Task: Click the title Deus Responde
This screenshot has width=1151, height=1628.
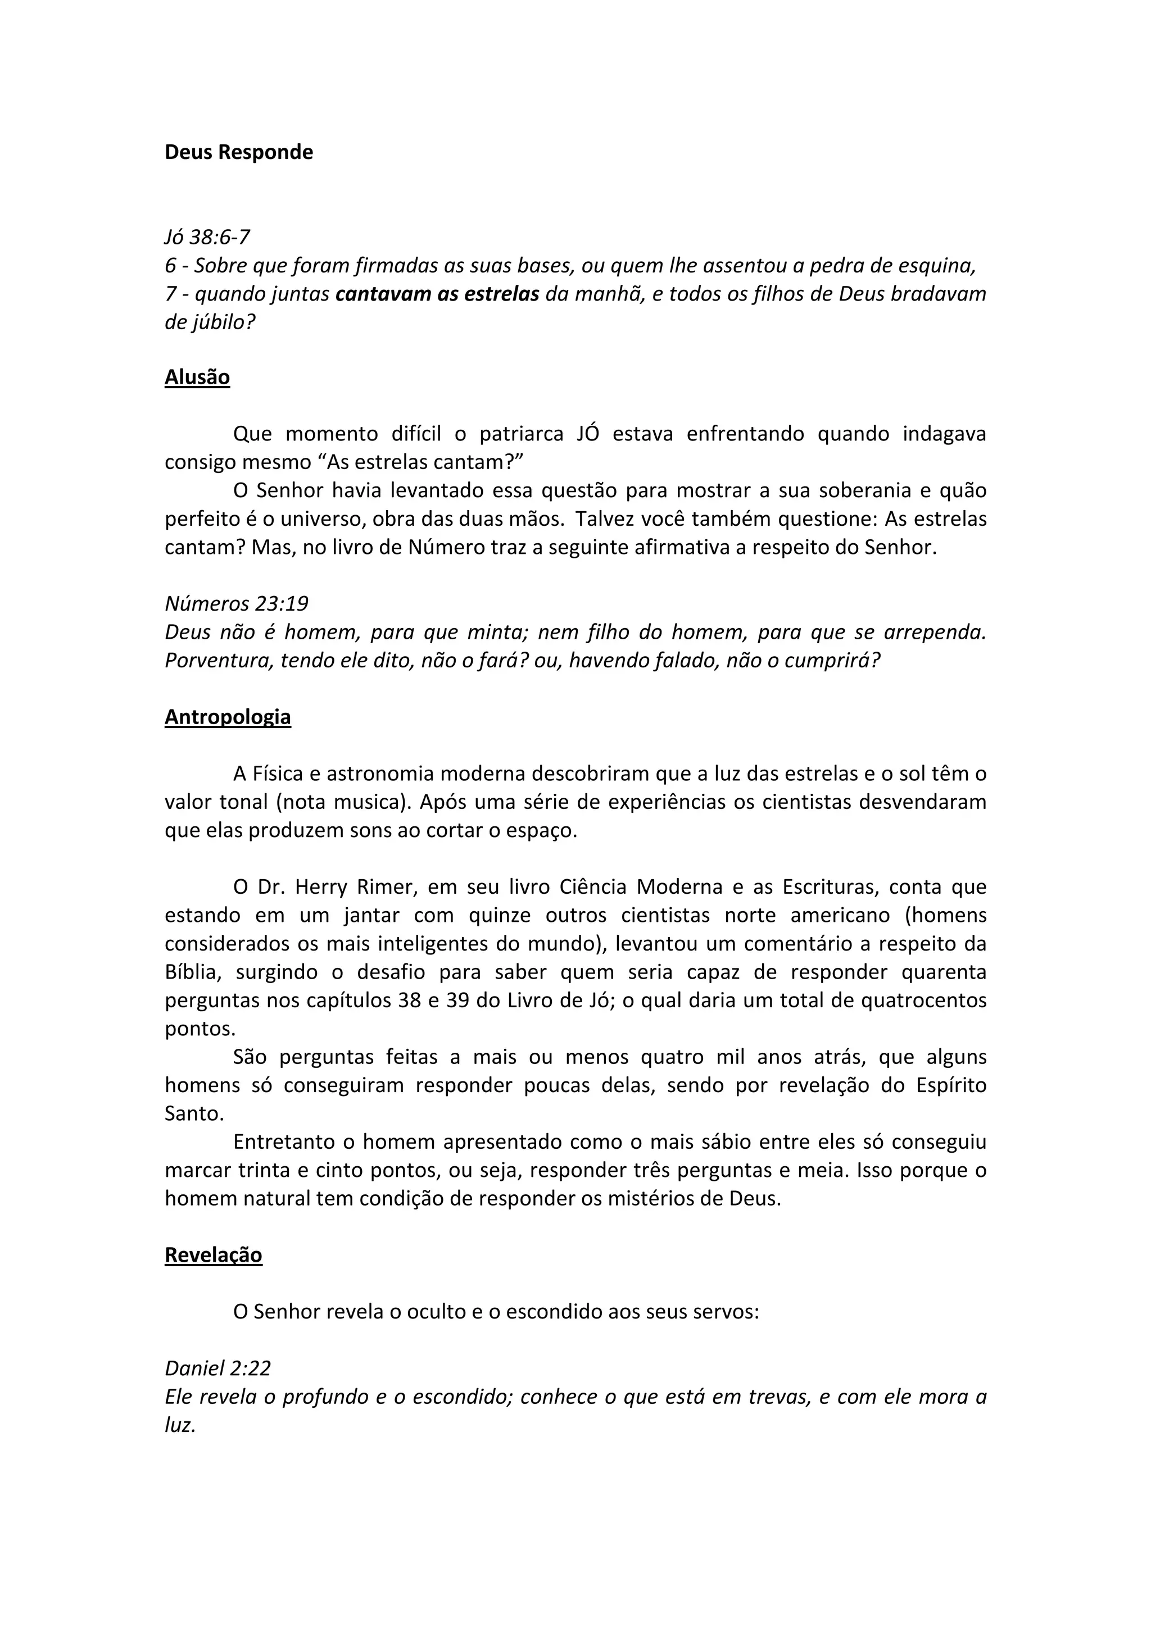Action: (238, 152)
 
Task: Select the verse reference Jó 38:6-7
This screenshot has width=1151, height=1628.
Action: (207, 237)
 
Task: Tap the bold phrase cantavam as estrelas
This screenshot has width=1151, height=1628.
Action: (437, 294)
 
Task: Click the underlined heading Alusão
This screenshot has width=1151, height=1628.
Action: (197, 377)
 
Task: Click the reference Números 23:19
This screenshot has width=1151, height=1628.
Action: (236, 603)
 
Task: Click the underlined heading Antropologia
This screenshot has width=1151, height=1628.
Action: (228, 717)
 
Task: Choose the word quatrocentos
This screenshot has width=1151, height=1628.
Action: (924, 1001)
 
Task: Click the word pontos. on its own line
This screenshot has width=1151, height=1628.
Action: (200, 1029)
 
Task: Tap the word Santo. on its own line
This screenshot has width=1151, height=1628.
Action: (194, 1114)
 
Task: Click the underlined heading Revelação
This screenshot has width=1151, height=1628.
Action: (214, 1255)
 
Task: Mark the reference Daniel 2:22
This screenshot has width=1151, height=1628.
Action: (217, 1368)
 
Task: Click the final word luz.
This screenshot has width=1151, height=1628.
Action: (179, 1425)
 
